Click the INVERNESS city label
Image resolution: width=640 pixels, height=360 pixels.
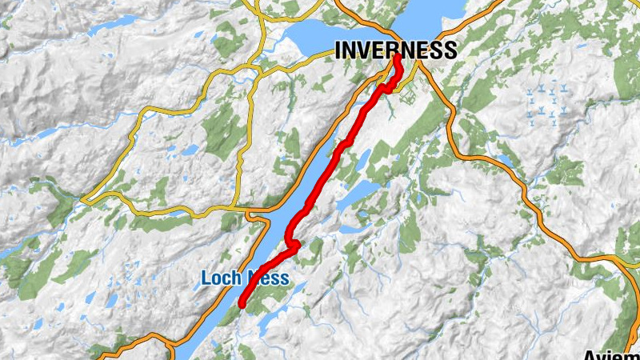395,50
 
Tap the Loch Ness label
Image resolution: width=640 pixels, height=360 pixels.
244,279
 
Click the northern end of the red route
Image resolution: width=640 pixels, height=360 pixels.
397,58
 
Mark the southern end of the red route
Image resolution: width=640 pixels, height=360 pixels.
241,304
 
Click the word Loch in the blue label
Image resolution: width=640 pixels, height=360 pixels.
218,279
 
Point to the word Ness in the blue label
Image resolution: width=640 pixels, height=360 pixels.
266,279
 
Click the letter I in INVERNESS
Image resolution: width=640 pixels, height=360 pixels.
338,50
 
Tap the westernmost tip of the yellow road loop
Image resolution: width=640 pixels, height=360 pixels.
83,198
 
